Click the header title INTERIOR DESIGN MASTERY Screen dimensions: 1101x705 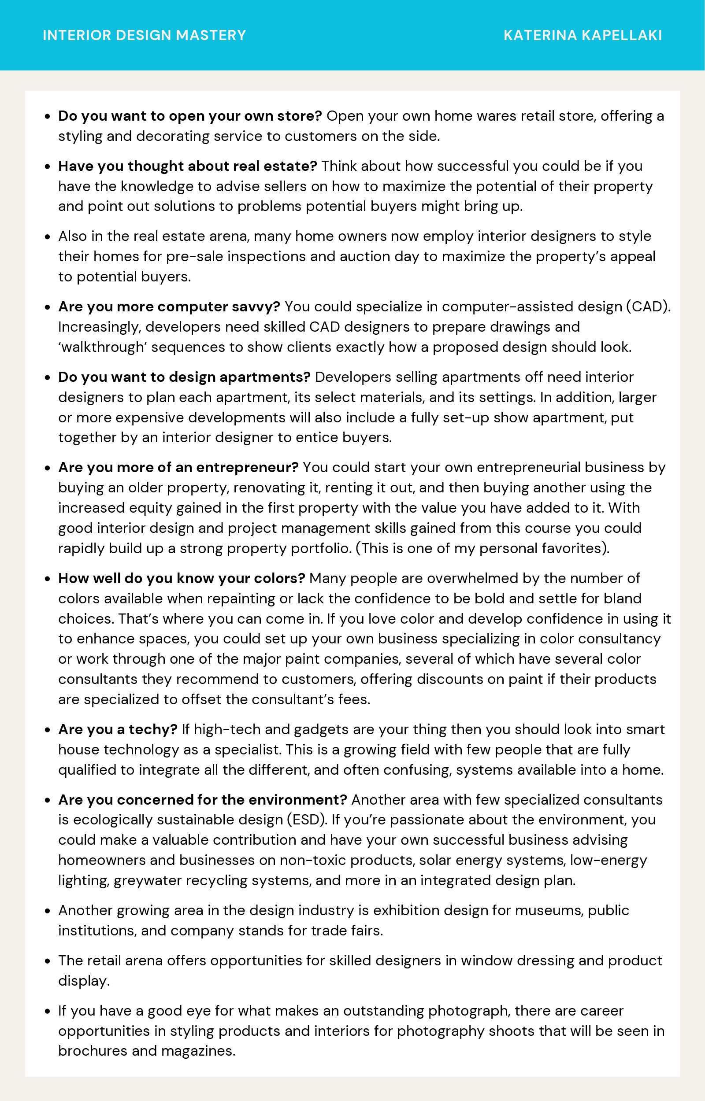(x=144, y=35)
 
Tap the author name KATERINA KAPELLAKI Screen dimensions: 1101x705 (x=583, y=35)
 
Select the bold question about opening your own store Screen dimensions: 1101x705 (x=190, y=116)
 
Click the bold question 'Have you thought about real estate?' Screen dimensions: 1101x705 (x=187, y=166)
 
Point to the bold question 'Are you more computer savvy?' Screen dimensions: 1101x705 (x=169, y=307)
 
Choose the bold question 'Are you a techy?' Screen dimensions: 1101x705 (x=118, y=729)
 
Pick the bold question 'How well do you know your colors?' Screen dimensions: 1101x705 (x=181, y=578)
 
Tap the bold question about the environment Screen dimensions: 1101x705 (x=202, y=800)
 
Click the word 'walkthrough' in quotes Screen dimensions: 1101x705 (x=103, y=347)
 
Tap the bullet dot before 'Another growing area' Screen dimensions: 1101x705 (x=47, y=911)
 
